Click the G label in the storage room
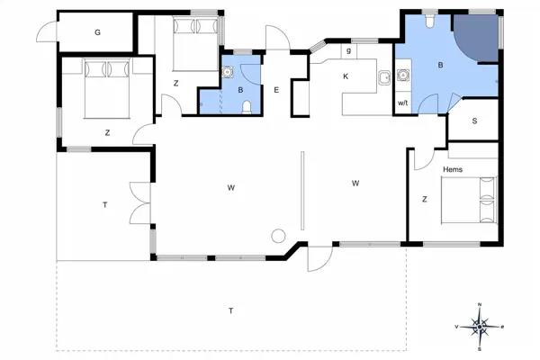(x=97, y=32)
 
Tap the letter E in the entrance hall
(x=276, y=89)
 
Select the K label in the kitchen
(x=345, y=76)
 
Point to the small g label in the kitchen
(x=346, y=52)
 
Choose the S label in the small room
(x=474, y=121)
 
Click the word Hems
(x=453, y=168)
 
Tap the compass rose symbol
(x=481, y=327)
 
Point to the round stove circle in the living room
(x=278, y=237)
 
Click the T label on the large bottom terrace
(x=230, y=310)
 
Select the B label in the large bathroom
(x=440, y=66)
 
